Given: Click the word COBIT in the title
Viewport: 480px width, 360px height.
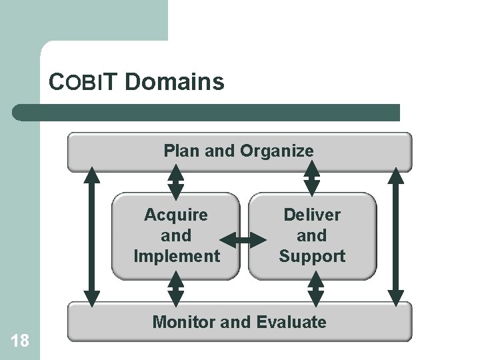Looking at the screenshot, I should tap(83, 83).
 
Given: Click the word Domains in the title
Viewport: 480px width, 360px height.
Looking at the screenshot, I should tap(174, 83).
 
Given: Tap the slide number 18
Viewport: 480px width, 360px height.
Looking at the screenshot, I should tap(20, 341).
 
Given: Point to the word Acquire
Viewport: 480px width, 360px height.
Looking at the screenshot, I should tap(176, 215).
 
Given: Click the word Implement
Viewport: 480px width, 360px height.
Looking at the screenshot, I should tap(176, 256).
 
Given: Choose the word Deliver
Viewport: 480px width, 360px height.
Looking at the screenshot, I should tap(311, 215).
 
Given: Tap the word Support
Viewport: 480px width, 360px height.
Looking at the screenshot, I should tap(311, 256).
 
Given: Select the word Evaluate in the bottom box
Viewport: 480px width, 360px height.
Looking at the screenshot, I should tap(293, 323).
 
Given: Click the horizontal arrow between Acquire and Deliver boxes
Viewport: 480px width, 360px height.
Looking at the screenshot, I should tap(243, 238).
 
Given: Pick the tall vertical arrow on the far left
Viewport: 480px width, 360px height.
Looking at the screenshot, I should tap(93, 237).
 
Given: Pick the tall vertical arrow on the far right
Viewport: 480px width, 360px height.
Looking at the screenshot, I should tap(396, 237).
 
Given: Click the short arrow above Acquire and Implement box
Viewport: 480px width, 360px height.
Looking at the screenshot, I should tap(175, 181).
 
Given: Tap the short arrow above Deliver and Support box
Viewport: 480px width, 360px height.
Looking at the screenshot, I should tap(312, 181).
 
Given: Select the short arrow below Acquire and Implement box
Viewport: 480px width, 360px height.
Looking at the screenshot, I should tap(175, 291).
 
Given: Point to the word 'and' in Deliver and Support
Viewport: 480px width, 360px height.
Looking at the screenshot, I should tap(311, 235).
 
